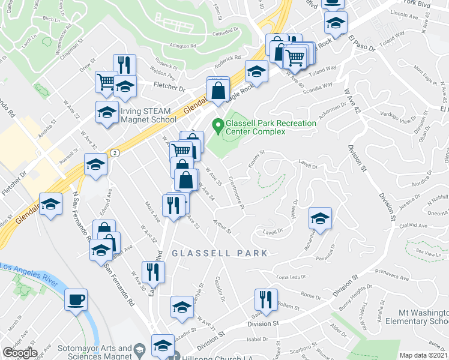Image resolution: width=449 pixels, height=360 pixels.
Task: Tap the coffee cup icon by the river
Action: click(76, 300)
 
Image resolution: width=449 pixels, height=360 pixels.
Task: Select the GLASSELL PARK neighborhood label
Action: click(219, 253)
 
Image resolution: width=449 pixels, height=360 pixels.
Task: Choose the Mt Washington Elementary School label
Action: click(424, 317)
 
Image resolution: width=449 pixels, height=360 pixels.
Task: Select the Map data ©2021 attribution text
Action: click(424, 355)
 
